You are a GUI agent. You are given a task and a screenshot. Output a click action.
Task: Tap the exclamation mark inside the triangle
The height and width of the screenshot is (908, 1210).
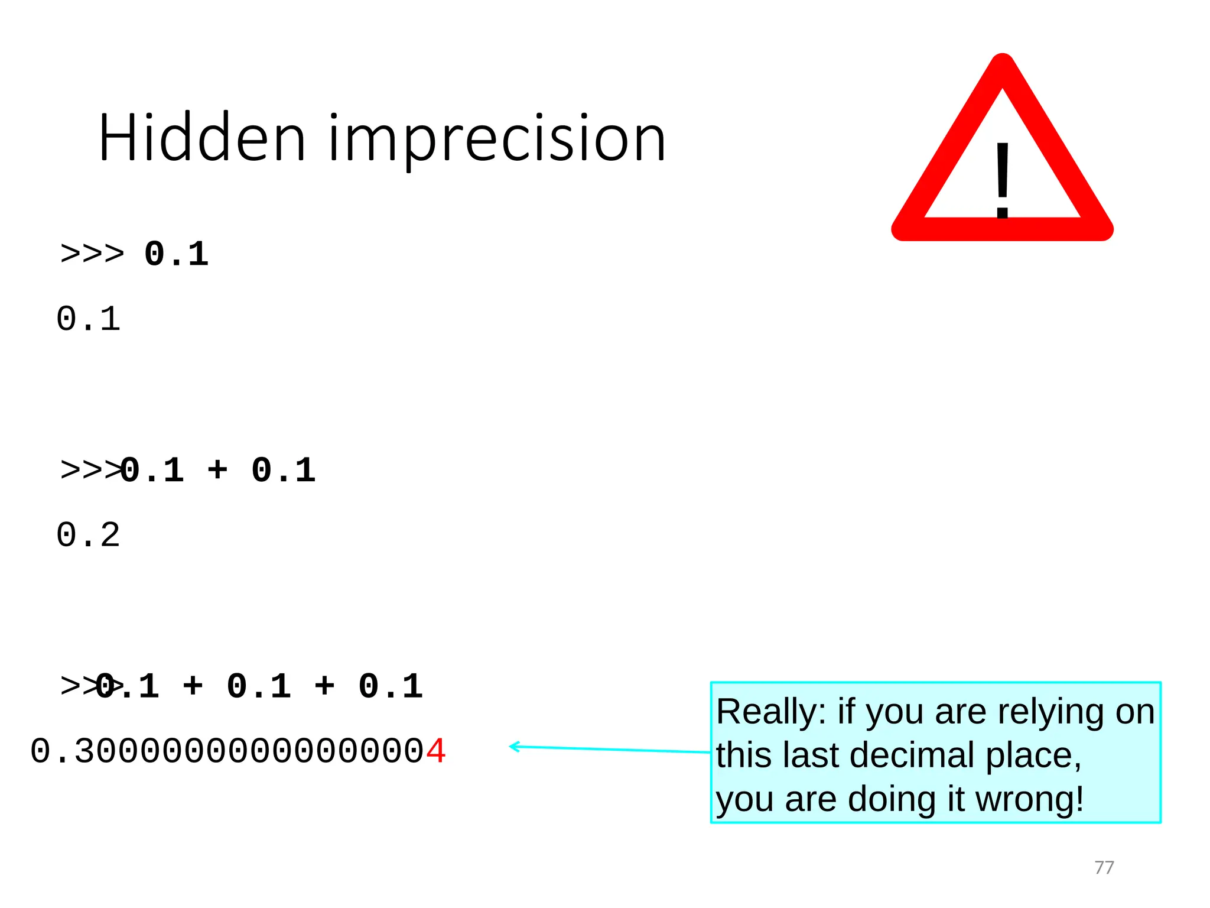tap(1002, 181)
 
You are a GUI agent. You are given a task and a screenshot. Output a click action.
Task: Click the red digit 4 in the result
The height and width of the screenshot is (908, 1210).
tap(436, 752)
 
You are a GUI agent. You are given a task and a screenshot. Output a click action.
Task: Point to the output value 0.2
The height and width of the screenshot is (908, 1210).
tap(88, 536)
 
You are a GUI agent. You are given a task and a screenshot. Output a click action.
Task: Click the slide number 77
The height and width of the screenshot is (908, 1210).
tap(1104, 867)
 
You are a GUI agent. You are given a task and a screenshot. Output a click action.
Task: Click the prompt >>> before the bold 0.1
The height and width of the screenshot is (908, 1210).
tap(92, 254)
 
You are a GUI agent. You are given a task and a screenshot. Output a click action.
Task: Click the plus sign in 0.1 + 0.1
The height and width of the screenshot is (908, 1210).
tap(217, 470)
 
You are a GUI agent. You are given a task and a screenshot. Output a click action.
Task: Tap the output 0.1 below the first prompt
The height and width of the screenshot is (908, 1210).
tap(88, 319)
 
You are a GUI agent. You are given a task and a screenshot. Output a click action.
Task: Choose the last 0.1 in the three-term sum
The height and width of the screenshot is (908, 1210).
tap(391, 686)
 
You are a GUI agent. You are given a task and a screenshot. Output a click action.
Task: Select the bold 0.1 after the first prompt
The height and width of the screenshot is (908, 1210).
tap(176, 254)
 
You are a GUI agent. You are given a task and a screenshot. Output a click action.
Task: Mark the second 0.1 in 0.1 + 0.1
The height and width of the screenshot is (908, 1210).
tap(284, 471)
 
